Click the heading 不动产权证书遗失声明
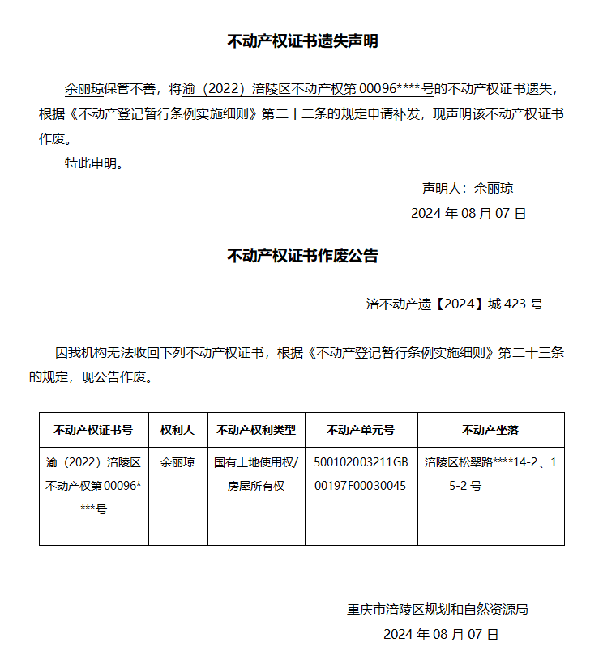point(301,41)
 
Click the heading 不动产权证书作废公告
point(301,256)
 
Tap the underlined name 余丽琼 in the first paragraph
point(84,88)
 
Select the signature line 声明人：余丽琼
point(468,188)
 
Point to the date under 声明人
point(468,213)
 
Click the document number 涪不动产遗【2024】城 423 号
point(454,304)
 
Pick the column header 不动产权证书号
point(93,429)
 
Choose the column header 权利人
point(177,429)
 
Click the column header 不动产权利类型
point(256,429)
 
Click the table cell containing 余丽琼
point(177,463)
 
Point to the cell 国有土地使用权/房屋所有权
point(256,474)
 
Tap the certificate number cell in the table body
point(93,486)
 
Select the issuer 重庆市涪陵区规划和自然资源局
point(438,609)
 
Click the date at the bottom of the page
point(441,634)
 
